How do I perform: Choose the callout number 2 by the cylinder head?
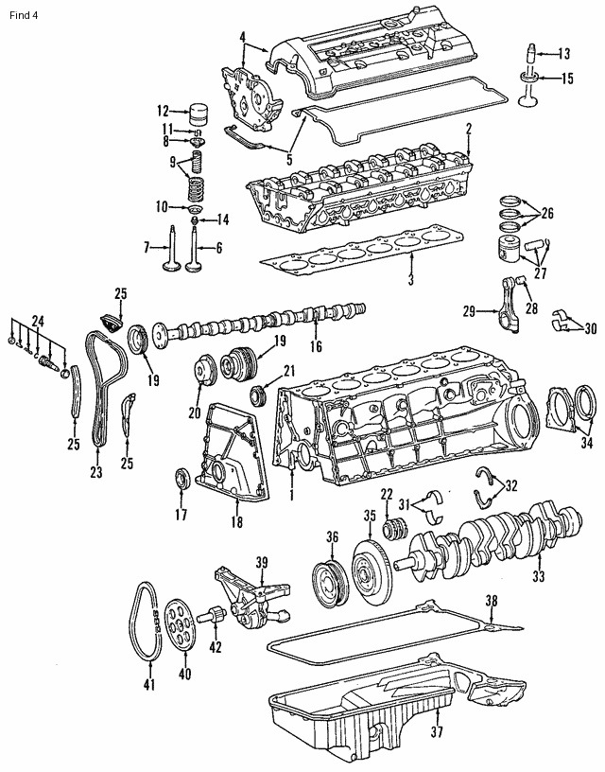(x=468, y=129)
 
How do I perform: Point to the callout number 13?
(x=564, y=53)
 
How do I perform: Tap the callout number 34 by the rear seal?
(x=587, y=441)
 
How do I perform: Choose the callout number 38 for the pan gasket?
(x=491, y=600)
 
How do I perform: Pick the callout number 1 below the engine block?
(x=292, y=495)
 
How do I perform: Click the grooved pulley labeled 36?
(x=326, y=578)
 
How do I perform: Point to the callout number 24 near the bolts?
(x=38, y=319)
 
